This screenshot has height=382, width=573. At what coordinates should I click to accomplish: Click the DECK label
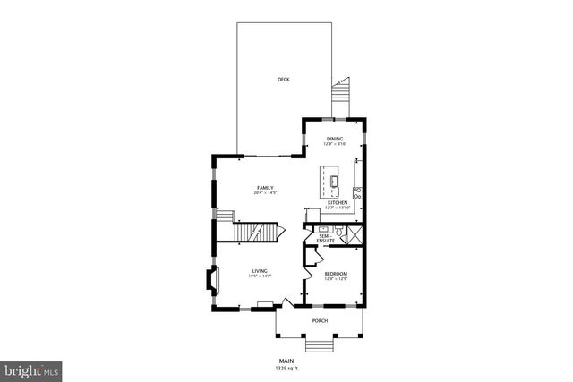(x=283, y=80)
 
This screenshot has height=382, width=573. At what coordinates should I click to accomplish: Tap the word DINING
(x=334, y=139)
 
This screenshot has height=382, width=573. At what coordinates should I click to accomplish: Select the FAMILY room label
(x=265, y=187)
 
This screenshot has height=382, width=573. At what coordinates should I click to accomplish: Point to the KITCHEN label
(x=337, y=203)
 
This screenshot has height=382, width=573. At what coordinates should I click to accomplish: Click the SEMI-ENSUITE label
(x=325, y=239)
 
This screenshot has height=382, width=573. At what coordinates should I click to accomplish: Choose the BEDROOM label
(x=336, y=274)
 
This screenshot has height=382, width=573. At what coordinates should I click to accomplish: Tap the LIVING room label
(x=260, y=271)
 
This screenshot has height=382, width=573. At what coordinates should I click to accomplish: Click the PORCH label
(x=320, y=320)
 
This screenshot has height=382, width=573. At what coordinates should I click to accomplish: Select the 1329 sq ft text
(x=286, y=368)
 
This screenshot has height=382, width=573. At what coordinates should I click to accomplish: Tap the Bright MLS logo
(x=31, y=369)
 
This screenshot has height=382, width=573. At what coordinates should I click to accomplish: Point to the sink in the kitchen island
(x=334, y=183)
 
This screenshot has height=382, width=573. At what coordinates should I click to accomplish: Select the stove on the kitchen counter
(x=356, y=191)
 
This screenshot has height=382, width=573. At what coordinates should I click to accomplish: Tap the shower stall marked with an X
(x=355, y=235)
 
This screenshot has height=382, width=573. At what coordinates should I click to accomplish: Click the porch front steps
(x=320, y=345)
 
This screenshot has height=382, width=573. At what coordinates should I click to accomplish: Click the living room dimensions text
(x=260, y=277)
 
